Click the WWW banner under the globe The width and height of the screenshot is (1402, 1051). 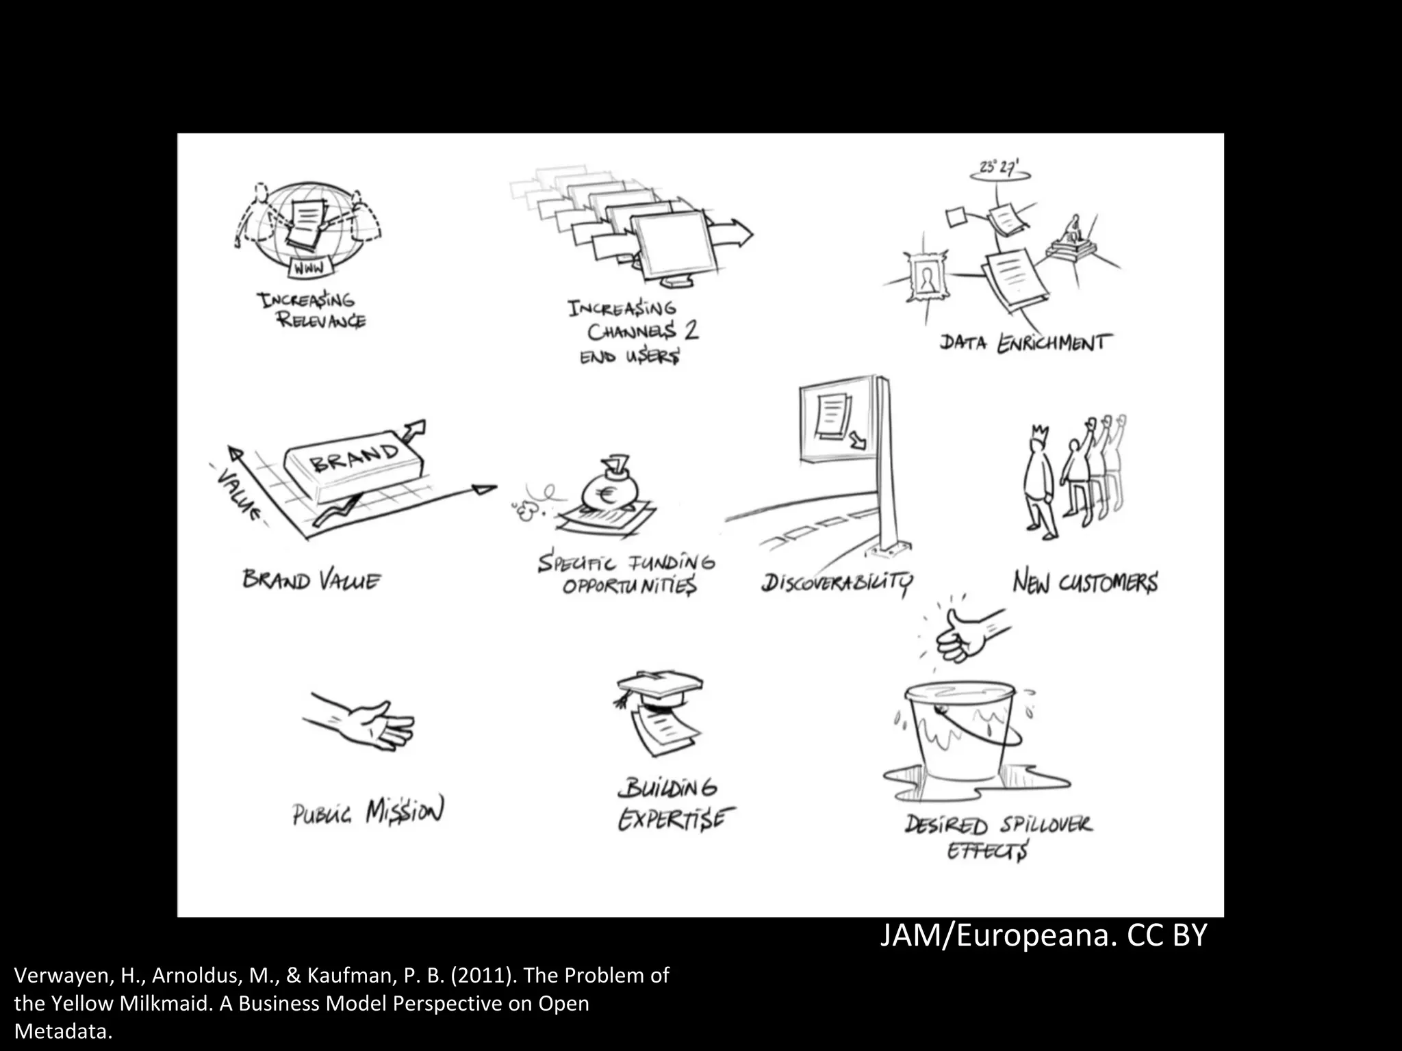click(x=309, y=268)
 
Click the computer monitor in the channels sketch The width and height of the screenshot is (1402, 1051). click(x=674, y=245)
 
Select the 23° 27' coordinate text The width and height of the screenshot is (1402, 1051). click(x=999, y=167)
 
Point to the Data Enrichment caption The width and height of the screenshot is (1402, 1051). click(x=1025, y=342)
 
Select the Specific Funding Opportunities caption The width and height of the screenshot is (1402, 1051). click(x=626, y=575)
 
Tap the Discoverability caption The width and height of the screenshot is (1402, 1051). click(x=837, y=583)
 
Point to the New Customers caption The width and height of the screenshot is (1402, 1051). click(x=1085, y=582)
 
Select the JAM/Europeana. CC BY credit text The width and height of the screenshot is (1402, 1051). click(x=1043, y=935)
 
